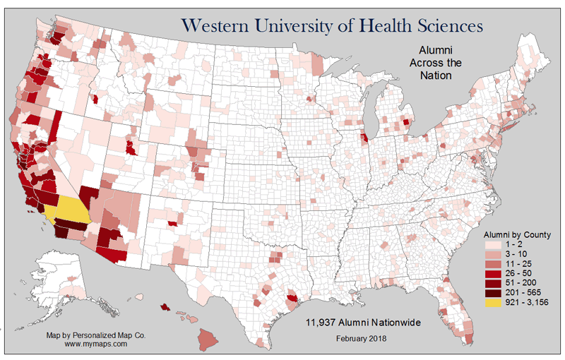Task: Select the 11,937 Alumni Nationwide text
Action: (x=363, y=322)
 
